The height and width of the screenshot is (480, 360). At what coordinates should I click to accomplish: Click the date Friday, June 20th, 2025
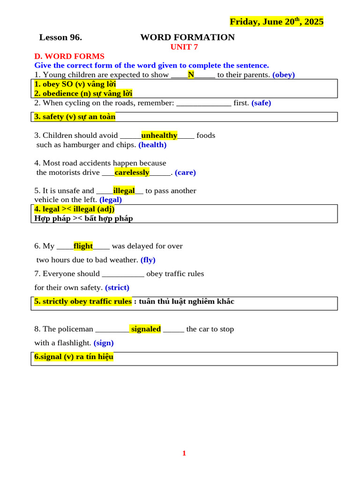276,22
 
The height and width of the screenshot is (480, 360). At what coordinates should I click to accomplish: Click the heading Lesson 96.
60,37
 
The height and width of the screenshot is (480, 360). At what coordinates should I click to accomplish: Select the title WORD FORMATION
187,37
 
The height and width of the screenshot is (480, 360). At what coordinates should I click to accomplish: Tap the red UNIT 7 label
184,47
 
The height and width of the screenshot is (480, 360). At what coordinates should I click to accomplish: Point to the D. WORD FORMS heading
69,56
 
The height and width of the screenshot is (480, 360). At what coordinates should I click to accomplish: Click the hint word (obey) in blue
284,75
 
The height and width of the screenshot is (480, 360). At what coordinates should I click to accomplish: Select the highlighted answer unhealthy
159,135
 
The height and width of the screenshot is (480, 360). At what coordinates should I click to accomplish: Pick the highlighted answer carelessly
132,172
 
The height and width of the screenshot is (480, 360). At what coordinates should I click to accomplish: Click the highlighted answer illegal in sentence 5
124,191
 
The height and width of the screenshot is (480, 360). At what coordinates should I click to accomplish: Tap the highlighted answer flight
83,246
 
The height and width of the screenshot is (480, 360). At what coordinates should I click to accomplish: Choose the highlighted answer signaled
146,329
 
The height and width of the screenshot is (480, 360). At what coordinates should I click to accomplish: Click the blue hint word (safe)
261,103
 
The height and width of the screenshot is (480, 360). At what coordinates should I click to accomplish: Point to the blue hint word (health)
152,145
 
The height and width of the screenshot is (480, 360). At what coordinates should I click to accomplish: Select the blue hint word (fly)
148,260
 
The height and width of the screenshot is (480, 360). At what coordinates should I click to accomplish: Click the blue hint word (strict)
117,287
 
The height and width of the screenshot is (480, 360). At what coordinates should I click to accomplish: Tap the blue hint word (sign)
104,343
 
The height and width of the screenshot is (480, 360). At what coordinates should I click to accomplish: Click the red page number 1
184,453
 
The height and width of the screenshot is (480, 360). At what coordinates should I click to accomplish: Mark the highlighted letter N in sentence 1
191,75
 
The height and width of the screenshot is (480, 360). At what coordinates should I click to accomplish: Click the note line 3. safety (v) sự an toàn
75,117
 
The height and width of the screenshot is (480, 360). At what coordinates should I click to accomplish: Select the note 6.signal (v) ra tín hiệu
74,357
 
